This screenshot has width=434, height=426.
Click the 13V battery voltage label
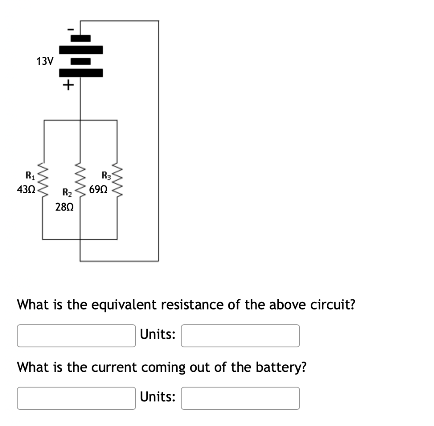[x=45, y=61]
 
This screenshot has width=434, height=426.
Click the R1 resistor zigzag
[x=43, y=180]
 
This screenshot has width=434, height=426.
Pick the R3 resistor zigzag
[x=117, y=180]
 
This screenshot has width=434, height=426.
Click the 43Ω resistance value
[x=25, y=190]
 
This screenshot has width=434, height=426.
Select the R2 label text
[x=67, y=194]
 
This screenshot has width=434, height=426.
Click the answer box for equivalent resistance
[x=76, y=335]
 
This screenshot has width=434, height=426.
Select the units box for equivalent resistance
[x=240, y=335]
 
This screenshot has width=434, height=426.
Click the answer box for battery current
[x=76, y=398]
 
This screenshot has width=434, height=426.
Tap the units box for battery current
[x=240, y=398]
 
